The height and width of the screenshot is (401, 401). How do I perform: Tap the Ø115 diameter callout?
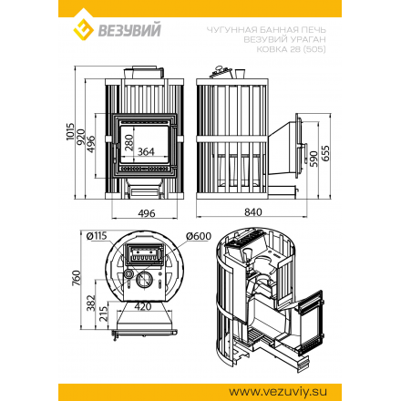(x=98, y=237)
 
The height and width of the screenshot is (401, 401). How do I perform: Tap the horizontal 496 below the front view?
(x=146, y=212)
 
